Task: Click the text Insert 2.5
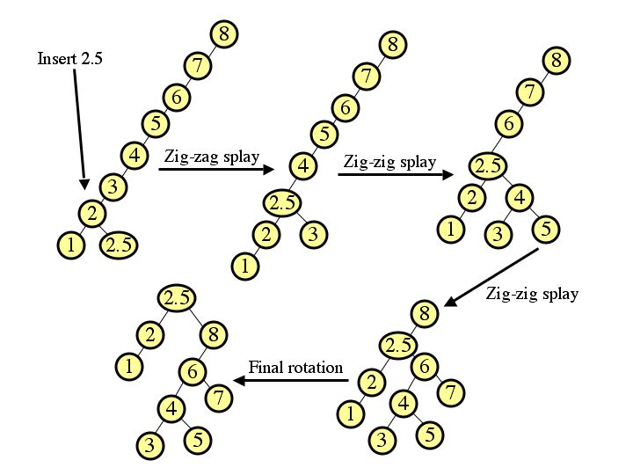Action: click(x=70, y=59)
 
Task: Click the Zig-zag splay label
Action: click(x=212, y=157)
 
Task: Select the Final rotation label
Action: click(x=295, y=367)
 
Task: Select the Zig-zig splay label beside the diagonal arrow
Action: click(x=532, y=293)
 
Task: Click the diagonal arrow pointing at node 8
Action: click(x=492, y=277)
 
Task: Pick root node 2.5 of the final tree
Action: click(x=178, y=298)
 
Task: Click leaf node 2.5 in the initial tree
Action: click(x=120, y=246)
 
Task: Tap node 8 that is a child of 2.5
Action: click(x=214, y=334)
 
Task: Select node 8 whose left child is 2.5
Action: click(x=424, y=313)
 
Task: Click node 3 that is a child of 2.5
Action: click(x=315, y=234)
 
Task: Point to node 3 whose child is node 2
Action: click(x=113, y=186)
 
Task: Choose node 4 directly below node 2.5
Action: click(x=520, y=198)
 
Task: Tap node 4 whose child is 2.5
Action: click(x=302, y=164)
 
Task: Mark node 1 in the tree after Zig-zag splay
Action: click(x=245, y=264)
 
